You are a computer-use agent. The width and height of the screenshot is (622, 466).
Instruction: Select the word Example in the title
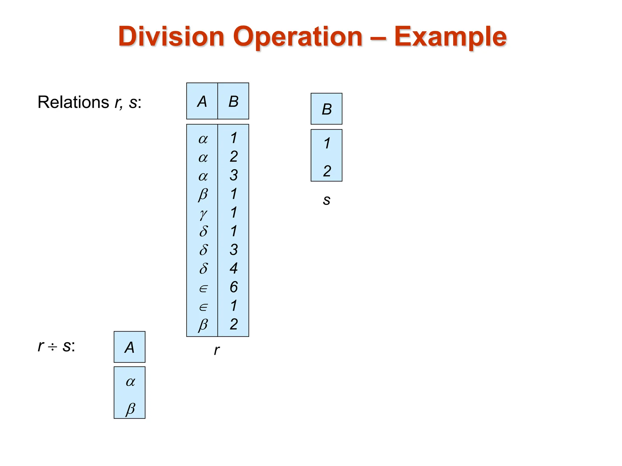[450, 37]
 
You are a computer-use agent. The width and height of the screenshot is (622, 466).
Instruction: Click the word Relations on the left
[73, 102]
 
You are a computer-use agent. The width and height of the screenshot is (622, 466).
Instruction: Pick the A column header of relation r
[202, 101]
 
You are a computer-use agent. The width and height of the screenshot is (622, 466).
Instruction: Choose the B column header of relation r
[233, 101]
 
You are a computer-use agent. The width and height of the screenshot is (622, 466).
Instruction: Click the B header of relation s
[326, 109]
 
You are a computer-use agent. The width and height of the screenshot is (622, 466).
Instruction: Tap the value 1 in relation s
[327, 143]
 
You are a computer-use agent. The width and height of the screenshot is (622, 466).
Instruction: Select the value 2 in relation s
[327, 171]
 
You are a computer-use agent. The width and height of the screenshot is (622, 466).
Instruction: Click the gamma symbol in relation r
[203, 214]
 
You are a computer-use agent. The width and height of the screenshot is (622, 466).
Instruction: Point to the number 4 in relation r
[233, 268]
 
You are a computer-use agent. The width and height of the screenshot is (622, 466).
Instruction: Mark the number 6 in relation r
[233, 287]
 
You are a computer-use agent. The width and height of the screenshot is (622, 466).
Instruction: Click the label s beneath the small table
[326, 200]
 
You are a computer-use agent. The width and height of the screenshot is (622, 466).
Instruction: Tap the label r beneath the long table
[216, 350]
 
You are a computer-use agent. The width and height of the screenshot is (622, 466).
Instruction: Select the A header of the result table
[129, 347]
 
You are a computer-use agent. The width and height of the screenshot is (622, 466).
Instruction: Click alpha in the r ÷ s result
[130, 382]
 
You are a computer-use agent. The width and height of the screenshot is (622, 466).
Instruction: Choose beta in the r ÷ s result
[130, 409]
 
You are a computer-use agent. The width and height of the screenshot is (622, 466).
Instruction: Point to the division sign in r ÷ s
[52, 347]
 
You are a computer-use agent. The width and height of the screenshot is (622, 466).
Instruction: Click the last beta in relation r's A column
[203, 325]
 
